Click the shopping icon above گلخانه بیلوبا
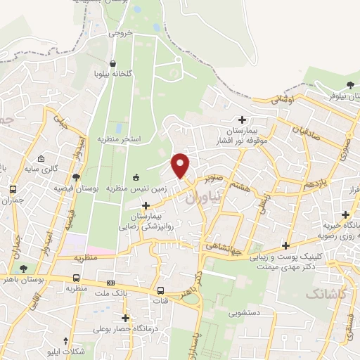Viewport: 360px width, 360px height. click(x=113, y=61)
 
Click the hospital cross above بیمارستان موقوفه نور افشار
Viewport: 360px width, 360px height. click(x=243, y=119)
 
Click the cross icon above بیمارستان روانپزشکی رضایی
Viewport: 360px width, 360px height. click(x=146, y=205)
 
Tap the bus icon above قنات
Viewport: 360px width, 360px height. click(x=161, y=290)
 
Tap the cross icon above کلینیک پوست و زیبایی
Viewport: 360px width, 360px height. click(x=285, y=245)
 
